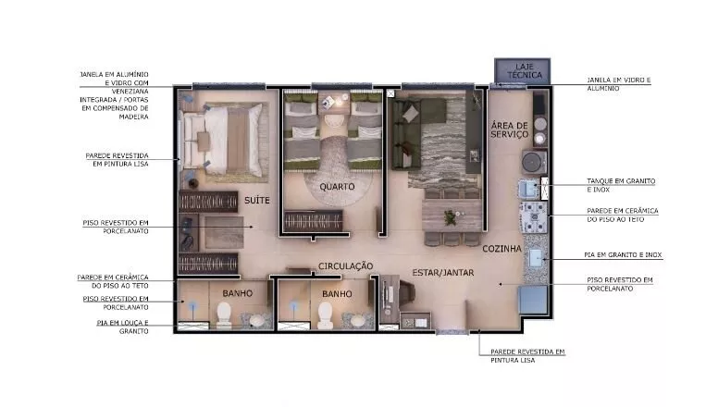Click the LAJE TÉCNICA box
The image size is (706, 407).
522,70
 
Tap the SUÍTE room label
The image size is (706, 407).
256,201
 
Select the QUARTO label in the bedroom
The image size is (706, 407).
337,187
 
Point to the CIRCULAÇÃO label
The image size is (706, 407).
345,266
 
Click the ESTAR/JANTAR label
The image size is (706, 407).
442,272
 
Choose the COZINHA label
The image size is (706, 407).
502,249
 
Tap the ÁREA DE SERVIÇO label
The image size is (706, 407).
509,129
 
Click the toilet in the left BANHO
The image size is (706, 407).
224,314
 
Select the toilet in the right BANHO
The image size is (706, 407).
325,314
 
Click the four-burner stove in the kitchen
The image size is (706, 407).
534,217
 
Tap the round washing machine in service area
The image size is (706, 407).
534,161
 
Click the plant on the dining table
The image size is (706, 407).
450,217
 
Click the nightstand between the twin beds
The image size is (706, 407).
334,103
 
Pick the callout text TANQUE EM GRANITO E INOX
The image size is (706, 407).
621,185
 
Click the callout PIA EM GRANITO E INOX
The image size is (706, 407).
623,254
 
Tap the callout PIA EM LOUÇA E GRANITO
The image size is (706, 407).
122,327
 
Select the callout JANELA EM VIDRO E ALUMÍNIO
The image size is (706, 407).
618,84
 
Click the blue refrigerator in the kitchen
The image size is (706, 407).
534,299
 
